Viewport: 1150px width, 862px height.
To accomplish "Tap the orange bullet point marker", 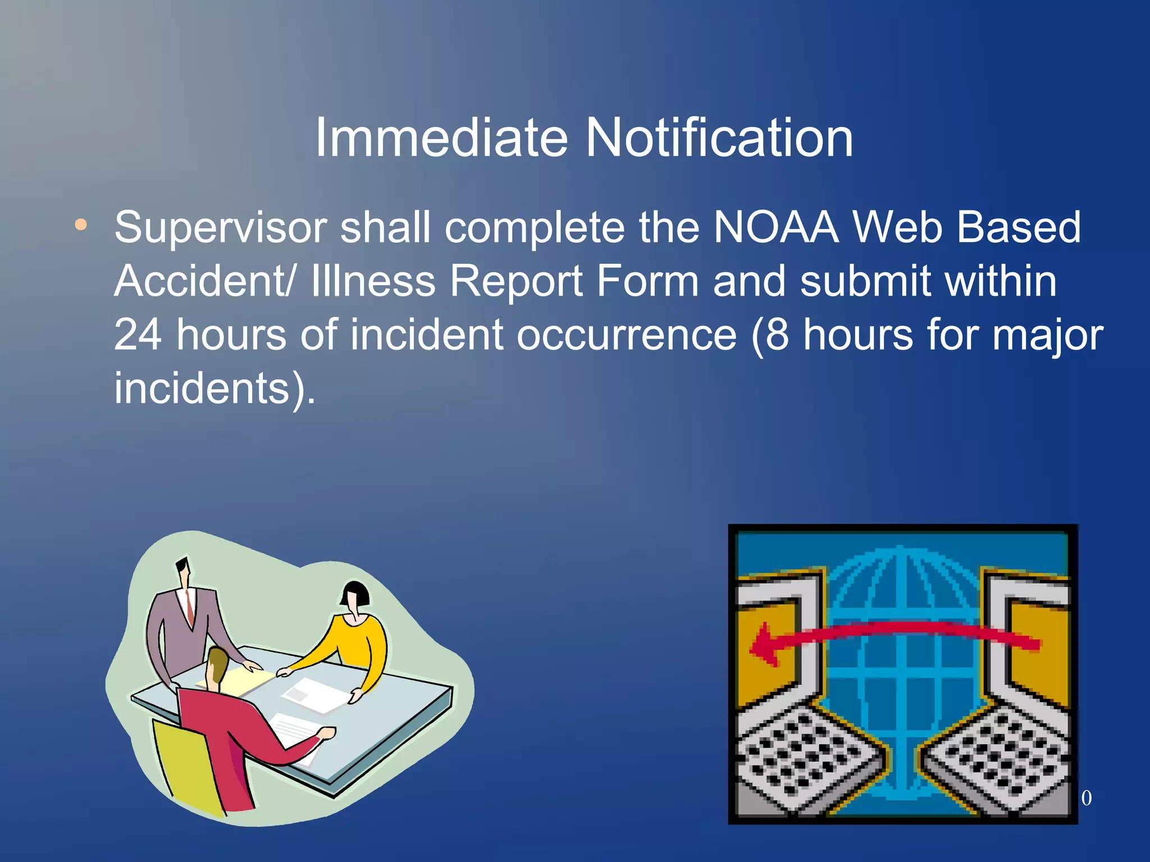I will [x=81, y=225].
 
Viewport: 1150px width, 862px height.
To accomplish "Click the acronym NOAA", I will [x=776, y=228].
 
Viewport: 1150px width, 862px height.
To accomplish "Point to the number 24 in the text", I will [x=138, y=335].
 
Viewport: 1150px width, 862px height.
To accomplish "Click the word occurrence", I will [x=626, y=335].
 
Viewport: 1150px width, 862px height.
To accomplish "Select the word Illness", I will [x=373, y=281].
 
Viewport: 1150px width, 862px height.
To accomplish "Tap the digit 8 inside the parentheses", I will [x=777, y=335].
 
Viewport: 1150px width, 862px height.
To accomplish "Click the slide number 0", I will [x=1086, y=798].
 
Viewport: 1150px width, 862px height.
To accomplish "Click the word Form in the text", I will [x=646, y=281].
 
